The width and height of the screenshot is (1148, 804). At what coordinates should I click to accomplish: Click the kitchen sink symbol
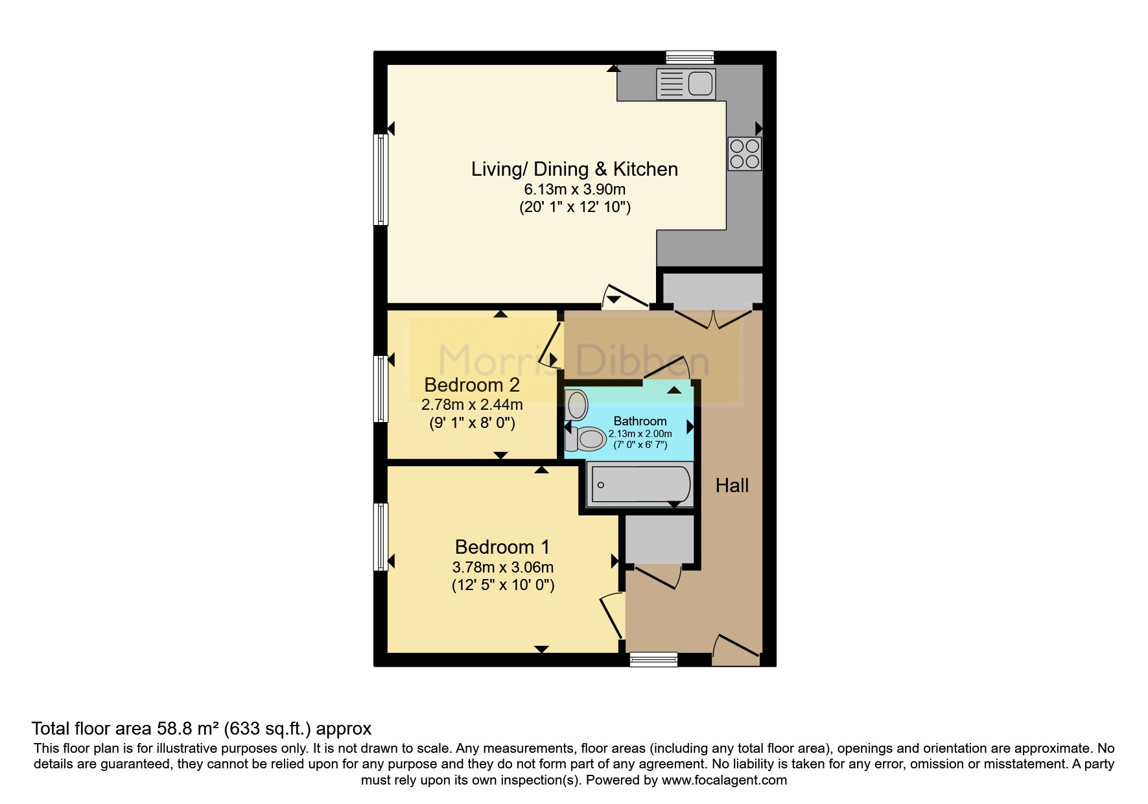685,84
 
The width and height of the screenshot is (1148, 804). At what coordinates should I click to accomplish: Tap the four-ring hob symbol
744,154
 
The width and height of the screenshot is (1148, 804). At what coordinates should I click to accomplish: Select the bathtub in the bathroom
639,485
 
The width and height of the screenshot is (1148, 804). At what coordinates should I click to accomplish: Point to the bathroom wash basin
576,405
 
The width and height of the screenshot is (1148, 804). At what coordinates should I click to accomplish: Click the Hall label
732,485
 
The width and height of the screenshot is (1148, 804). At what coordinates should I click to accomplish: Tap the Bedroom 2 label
472,385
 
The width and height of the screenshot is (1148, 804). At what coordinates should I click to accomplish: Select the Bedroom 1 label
502,547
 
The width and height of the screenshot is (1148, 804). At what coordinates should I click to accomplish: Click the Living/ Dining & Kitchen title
574,169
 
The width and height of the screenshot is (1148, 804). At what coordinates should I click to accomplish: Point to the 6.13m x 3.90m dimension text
574,189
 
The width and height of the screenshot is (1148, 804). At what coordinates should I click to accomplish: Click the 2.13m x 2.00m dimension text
640,434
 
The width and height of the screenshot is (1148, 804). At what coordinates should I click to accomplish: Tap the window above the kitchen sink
690,58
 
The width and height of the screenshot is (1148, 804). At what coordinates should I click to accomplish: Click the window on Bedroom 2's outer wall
381,388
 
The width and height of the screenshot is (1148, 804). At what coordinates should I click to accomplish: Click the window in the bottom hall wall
653,659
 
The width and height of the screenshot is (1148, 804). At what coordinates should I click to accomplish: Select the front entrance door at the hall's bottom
736,648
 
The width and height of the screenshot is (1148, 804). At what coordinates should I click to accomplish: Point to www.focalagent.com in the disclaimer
724,780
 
